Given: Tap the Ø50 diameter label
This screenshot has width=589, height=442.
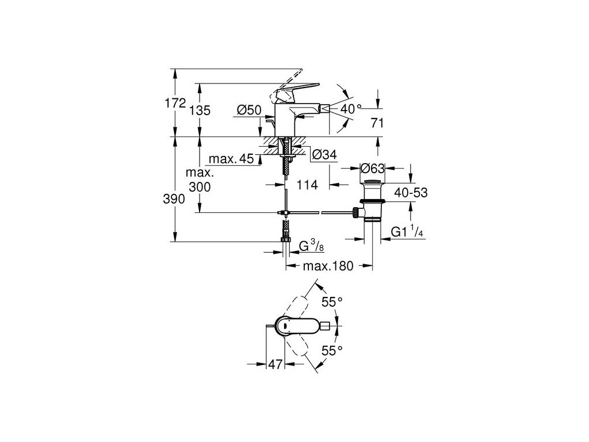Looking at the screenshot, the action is click(x=249, y=109).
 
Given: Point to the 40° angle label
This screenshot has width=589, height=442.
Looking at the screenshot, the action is click(x=350, y=108).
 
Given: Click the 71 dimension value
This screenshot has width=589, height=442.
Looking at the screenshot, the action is click(x=377, y=123).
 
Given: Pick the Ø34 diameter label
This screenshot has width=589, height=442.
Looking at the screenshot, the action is click(x=324, y=154).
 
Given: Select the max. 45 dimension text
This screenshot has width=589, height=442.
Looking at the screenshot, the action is click(x=231, y=159).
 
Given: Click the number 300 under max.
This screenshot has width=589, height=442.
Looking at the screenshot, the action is click(x=199, y=187).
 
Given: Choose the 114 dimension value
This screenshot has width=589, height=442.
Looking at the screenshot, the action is click(x=308, y=185).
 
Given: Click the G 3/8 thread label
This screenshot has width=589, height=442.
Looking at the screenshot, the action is click(x=311, y=246).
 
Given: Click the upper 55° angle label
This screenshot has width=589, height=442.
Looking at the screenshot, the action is click(x=332, y=301).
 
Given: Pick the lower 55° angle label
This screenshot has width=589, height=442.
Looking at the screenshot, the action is click(x=332, y=349).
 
